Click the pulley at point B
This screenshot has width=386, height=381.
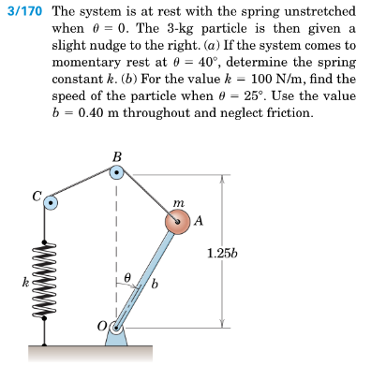(115, 173)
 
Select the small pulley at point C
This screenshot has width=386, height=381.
(52, 201)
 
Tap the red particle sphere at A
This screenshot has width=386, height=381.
(178, 222)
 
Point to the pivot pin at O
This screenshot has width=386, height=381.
(115, 327)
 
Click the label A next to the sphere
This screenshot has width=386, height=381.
(199, 221)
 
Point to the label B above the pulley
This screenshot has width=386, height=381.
(115, 155)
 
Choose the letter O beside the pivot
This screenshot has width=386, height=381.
(102, 327)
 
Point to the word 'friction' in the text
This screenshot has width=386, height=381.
(286, 112)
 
